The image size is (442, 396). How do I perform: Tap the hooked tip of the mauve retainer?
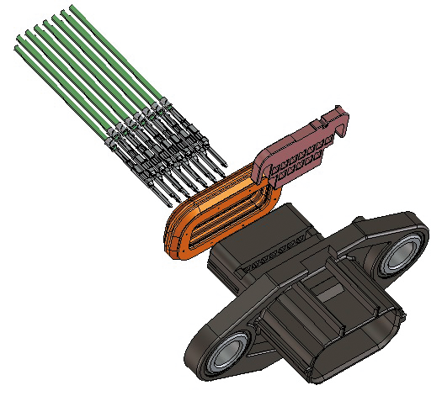(340, 118)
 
